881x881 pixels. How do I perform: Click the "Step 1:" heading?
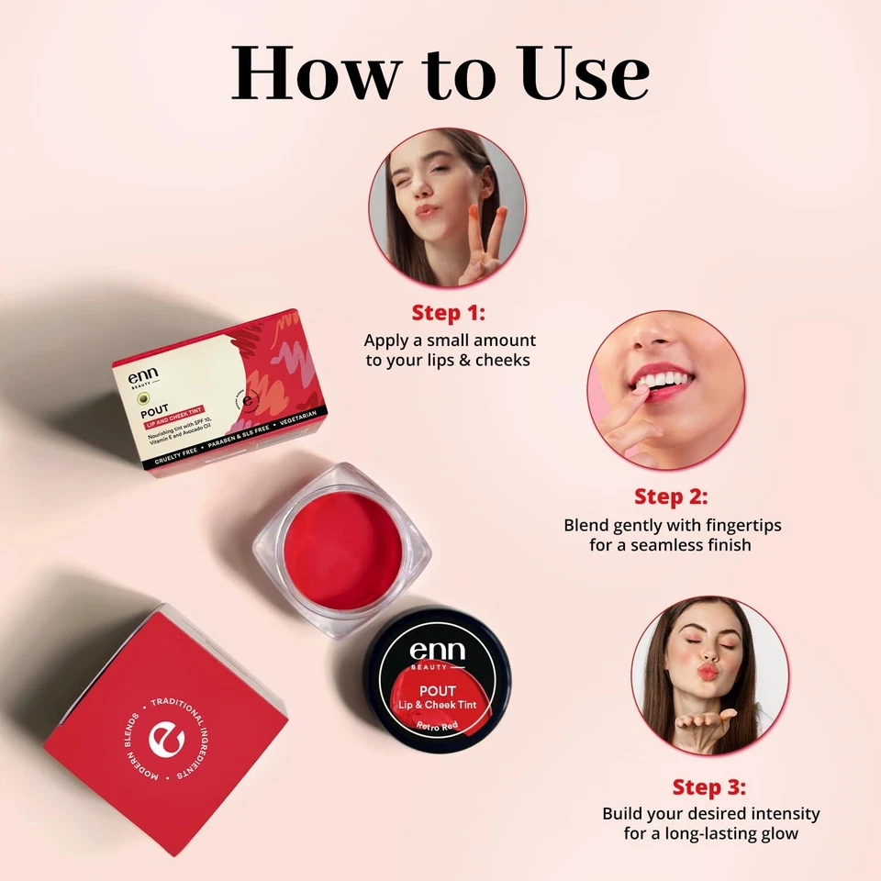(x=448, y=312)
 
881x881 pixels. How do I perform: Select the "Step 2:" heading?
(x=671, y=496)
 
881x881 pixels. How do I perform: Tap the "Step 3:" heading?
(x=709, y=786)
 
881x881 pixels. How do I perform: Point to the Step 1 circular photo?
(x=448, y=207)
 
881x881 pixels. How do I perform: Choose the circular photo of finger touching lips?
(x=665, y=390)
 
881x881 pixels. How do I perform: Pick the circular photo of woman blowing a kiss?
(x=709, y=675)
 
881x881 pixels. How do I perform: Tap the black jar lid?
(x=438, y=679)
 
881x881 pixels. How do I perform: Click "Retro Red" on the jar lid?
(x=438, y=725)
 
